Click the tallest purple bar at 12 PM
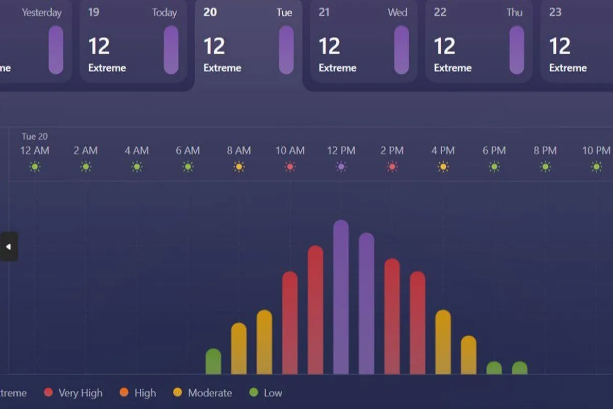(x=341, y=297)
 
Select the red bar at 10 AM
(x=290, y=322)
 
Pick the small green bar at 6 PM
(x=494, y=368)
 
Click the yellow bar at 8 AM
(x=239, y=348)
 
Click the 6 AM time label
(x=187, y=150)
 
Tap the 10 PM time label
(x=596, y=150)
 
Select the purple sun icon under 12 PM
(x=341, y=167)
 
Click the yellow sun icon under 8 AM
(x=239, y=167)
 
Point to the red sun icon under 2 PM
(x=392, y=167)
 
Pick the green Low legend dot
(x=253, y=393)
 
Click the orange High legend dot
(x=124, y=393)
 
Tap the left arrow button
(x=9, y=246)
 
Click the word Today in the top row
(x=164, y=12)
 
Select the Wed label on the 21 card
(x=397, y=12)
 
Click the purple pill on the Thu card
(x=516, y=50)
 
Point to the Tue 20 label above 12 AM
(x=34, y=137)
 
